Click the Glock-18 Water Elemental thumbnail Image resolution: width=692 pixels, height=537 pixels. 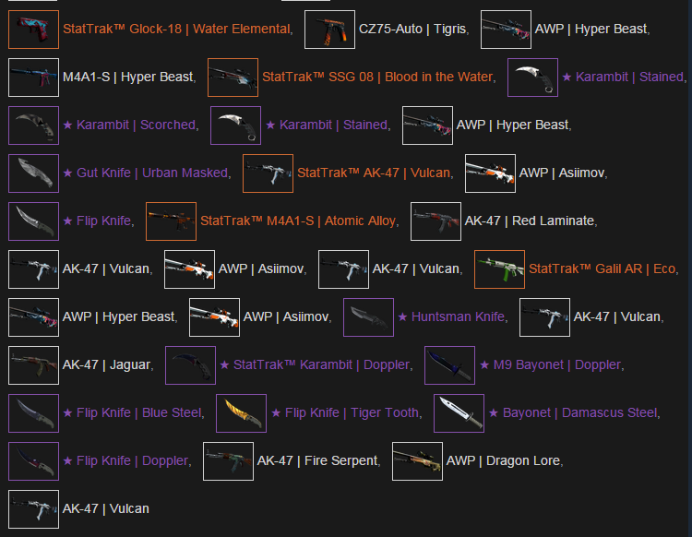(33, 30)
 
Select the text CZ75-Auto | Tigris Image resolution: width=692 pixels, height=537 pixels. (412, 30)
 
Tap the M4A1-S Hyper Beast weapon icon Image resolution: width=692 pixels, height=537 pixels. (33, 78)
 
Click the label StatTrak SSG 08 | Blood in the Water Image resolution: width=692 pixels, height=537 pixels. (377, 77)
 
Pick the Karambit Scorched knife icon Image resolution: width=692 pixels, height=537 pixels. (33, 125)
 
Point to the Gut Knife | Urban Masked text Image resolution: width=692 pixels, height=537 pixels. (152, 173)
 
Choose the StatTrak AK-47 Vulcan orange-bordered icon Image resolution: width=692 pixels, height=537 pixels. (268, 173)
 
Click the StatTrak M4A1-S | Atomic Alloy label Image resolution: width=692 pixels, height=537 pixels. (298, 221)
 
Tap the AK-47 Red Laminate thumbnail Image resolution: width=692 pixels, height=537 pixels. (436, 221)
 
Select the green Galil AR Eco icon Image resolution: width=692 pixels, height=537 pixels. (499, 269)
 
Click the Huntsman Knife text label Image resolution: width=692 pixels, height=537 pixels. (458, 316)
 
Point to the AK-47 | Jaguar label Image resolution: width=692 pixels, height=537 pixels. (106, 364)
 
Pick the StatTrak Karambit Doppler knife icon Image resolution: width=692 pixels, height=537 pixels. (191, 365)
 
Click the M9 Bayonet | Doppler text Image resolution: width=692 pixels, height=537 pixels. (557, 364)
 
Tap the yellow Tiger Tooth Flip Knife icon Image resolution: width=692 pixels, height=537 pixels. (242, 413)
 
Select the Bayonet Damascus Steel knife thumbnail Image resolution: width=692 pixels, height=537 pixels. (459, 413)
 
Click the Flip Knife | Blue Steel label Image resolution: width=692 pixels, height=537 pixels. (139, 412)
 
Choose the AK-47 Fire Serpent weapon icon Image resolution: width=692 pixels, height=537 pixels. (228, 461)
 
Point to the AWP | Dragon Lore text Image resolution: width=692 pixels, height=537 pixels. (503, 460)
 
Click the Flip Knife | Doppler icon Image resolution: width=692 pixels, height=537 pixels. (33, 461)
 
